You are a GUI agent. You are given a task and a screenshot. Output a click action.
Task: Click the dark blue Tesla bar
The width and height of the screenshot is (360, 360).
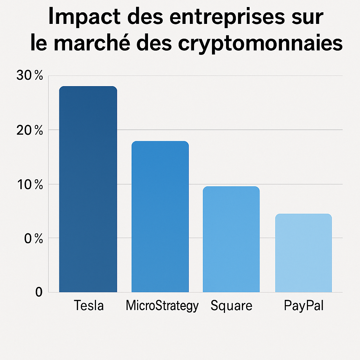pos(88,190)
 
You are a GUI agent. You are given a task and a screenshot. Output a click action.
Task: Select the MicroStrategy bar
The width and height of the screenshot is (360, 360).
pos(160,218)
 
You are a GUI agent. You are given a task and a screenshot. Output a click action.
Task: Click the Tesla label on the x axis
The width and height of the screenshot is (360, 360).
pos(89,305)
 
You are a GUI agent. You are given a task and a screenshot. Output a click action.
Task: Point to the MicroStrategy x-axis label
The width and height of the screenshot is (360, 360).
pos(162,306)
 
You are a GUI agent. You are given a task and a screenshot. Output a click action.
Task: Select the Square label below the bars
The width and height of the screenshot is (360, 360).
pos(231,306)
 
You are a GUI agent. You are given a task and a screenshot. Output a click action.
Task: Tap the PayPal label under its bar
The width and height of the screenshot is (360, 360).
pos(303,306)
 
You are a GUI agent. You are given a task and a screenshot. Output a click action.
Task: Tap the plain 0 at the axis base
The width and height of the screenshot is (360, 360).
pos(39,292)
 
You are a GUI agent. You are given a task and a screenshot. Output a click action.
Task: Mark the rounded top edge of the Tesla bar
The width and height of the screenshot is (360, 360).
pos(88,87)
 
